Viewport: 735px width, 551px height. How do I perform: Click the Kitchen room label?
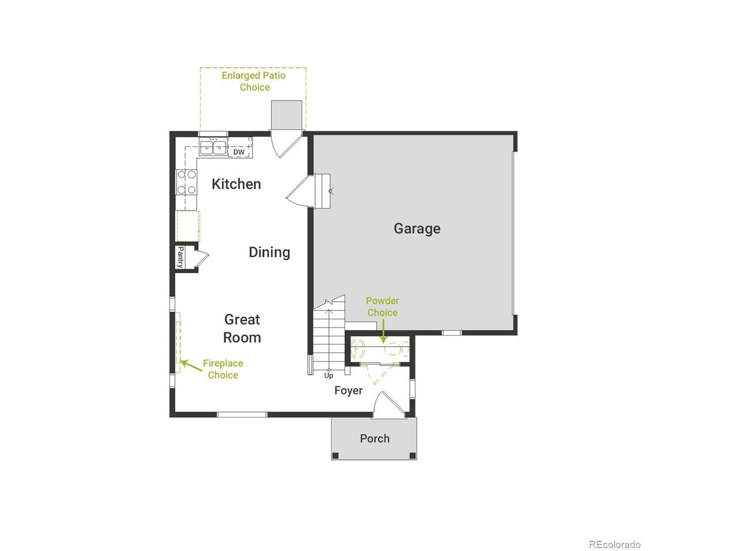(236, 184)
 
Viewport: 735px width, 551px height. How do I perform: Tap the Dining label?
(269, 252)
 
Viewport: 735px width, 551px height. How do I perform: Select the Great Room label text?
(242, 328)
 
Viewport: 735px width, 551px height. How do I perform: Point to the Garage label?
(417, 229)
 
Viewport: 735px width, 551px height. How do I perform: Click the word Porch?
(375, 439)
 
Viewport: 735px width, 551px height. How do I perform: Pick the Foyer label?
(348, 390)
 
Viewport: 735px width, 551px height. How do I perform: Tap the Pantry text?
(180, 257)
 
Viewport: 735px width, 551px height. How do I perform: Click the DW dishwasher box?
(239, 152)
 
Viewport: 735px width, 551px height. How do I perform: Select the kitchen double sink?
(213, 148)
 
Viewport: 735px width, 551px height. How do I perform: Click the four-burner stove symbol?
(186, 182)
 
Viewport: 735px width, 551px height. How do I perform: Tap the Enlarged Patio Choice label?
(254, 82)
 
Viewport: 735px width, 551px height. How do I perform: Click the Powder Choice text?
(382, 306)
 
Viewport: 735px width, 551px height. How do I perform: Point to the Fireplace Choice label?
(223, 368)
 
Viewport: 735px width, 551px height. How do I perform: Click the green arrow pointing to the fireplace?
(191, 366)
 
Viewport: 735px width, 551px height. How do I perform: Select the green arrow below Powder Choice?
(384, 332)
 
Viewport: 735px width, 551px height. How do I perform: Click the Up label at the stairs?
(328, 376)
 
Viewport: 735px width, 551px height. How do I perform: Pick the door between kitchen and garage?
(300, 191)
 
